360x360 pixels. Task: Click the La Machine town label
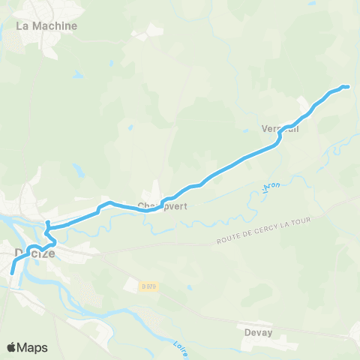[46, 25]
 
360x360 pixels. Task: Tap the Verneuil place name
[280, 128]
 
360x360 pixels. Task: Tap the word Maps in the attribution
[33, 348]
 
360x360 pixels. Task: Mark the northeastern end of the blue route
[348, 87]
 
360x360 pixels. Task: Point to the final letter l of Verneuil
[298, 128]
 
